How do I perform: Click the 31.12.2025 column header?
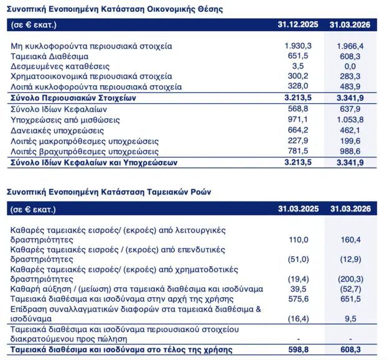[298, 25]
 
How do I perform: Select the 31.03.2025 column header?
[299, 209]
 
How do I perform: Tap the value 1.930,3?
[298, 46]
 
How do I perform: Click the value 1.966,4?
[350, 46]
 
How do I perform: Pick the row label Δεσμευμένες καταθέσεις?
[60, 67]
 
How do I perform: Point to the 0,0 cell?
[350, 67]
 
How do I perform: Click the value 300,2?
[298, 76]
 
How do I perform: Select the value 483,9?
[350, 86]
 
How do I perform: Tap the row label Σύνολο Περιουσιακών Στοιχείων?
[73, 98]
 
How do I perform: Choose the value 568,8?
[298, 108]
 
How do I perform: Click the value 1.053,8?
[350, 119]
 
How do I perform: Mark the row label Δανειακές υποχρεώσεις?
[57, 131]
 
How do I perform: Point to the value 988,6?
[350, 151]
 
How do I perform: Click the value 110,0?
[299, 239]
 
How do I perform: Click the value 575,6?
[299, 299]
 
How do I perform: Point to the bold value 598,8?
[299, 349]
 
